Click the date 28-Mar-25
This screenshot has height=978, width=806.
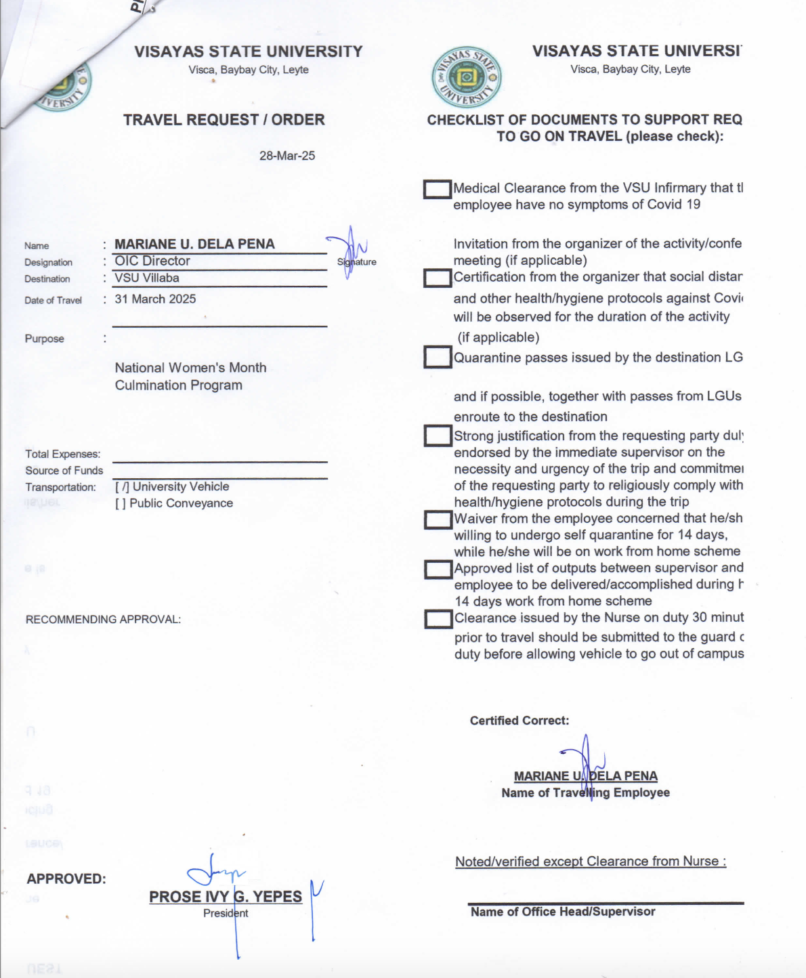[287, 156]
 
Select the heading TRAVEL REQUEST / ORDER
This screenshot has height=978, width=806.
[224, 120]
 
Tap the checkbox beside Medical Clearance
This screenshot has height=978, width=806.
[438, 189]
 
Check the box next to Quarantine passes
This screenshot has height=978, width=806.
[438, 357]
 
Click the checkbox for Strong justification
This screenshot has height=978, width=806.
[438, 435]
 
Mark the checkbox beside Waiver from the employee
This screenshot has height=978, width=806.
[438, 519]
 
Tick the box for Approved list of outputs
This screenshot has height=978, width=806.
[438, 569]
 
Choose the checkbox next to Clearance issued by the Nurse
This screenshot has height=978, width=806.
[438, 618]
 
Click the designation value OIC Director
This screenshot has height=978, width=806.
[152, 261]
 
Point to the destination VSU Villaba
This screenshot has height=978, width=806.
[147, 278]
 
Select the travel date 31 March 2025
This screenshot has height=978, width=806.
[155, 299]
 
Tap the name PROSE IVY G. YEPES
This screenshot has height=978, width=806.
[226, 897]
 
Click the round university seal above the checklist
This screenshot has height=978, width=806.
[466, 77]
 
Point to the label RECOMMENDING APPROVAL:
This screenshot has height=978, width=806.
[103, 619]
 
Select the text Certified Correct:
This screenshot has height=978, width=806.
[519, 721]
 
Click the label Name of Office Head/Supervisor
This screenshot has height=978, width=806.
[563, 912]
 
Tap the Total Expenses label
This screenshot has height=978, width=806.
[63, 454]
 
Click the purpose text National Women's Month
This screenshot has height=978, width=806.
[190, 368]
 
